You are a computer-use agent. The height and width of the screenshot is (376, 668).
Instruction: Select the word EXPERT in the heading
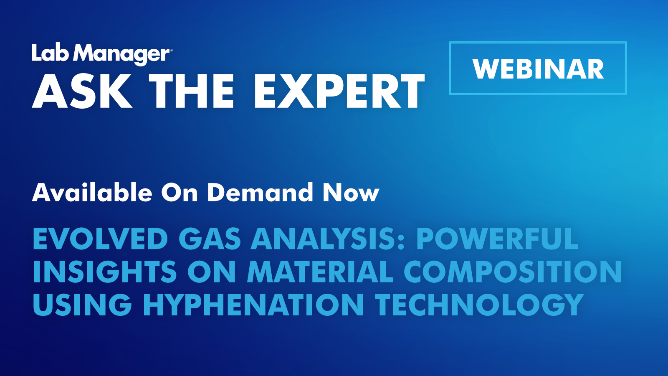(339, 91)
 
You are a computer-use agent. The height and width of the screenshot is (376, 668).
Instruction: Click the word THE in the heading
(192, 91)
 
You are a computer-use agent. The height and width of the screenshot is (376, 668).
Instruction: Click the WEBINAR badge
(538, 69)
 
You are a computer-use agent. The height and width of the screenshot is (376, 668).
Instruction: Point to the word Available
(92, 193)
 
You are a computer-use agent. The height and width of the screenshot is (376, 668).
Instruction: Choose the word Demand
(260, 193)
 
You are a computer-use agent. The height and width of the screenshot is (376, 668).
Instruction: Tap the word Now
(351, 193)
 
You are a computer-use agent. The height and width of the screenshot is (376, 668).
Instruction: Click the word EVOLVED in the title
(100, 239)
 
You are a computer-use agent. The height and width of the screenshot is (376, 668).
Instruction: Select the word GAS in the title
(210, 239)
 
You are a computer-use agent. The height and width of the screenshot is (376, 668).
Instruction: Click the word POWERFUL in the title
(497, 239)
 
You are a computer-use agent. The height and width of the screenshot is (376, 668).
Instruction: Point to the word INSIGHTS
(105, 272)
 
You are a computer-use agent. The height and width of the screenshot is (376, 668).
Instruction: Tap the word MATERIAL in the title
(320, 272)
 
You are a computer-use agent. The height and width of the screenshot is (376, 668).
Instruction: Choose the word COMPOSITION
(513, 272)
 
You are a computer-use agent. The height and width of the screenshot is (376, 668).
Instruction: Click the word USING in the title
(82, 304)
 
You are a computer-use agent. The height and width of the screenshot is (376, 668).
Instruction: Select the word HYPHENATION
(253, 304)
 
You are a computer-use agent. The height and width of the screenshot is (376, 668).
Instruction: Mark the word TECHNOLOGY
(479, 304)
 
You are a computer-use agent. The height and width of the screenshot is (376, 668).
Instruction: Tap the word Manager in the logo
(124, 54)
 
